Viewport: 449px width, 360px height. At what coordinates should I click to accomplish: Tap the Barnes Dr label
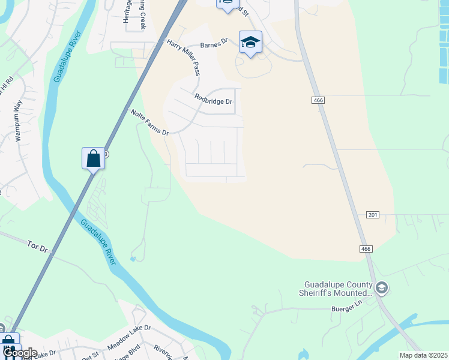click(214, 43)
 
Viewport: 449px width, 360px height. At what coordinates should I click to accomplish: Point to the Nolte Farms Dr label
click(149, 121)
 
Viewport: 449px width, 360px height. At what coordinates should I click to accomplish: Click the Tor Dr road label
click(37, 247)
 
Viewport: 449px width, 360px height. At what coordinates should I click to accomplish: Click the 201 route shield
click(373, 215)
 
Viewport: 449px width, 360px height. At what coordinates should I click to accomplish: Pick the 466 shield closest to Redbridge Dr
click(318, 100)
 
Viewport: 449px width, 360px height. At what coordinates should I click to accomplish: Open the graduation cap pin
click(250, 42)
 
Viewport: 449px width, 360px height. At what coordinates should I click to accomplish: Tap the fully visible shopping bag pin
click(93, 159)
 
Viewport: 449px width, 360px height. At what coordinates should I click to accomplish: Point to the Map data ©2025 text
click(423, 355)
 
